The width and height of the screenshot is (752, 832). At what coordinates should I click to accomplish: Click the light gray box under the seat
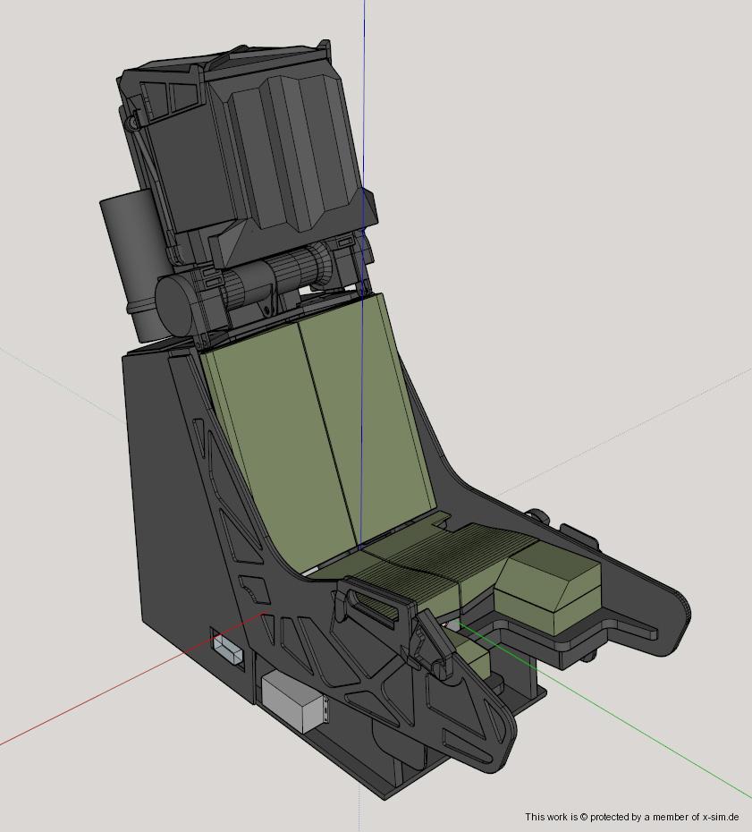coord(296,702)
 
